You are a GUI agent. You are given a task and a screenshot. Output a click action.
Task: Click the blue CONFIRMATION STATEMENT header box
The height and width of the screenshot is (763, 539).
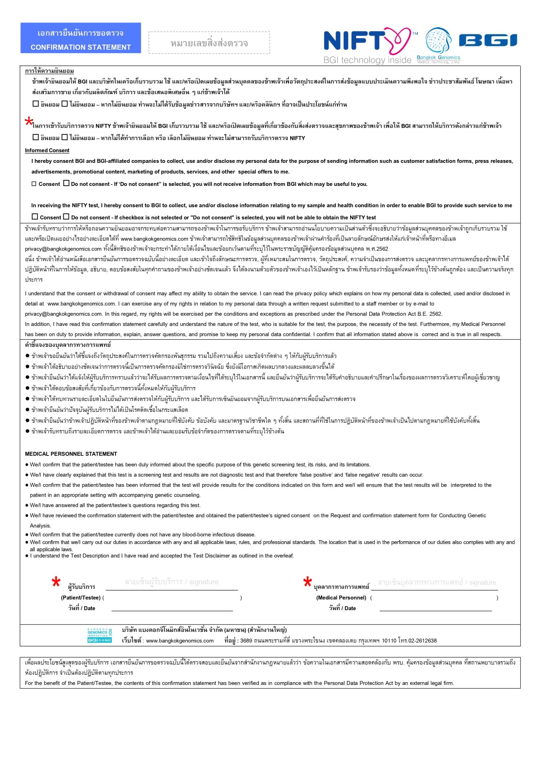tap(80, 38)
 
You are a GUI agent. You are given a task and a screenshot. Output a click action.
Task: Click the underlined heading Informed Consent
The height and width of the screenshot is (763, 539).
tap(47, 151)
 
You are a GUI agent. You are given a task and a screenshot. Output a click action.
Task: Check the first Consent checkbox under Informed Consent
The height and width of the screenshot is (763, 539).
tap(34, 184)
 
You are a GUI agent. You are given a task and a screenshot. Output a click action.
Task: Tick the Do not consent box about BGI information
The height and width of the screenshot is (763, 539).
tap(66, 183)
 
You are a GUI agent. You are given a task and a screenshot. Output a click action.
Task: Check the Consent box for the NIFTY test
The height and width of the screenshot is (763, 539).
tap(35, 217)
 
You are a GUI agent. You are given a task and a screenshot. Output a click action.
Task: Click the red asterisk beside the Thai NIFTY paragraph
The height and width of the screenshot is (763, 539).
tap(29, 121)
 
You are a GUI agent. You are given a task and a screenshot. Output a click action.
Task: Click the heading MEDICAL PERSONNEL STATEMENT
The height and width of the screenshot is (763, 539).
tap(71, 454)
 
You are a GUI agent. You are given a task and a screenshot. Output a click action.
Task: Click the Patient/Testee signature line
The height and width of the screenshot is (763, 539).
tap(172, 589)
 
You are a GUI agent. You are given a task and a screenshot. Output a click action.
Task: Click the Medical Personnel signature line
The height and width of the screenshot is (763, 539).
tap(434, 589)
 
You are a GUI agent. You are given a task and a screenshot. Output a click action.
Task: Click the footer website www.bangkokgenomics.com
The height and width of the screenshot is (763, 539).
tap(180, 641)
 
